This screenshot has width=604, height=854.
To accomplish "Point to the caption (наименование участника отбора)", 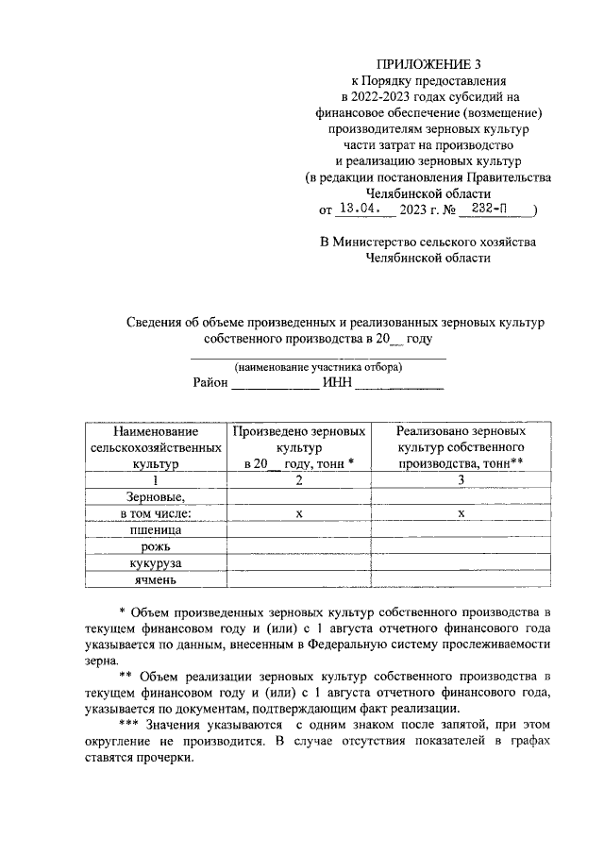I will tap(318, 366).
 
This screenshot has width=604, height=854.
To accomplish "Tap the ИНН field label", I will tap(336, 382).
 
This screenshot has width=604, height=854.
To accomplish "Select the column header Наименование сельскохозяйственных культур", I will tap(156, 447).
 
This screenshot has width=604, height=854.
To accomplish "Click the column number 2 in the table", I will tap(299, 480).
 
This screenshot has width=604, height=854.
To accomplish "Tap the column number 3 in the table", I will tap(461, 480).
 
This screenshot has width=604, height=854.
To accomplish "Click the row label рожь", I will tap(156, 547).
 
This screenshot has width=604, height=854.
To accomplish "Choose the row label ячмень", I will tap(156, 579).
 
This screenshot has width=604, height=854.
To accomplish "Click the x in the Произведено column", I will tap(299, 513).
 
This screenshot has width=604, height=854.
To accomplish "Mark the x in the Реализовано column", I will tap(461, 513).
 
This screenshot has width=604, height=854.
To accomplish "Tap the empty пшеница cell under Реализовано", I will tap(461, 530).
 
